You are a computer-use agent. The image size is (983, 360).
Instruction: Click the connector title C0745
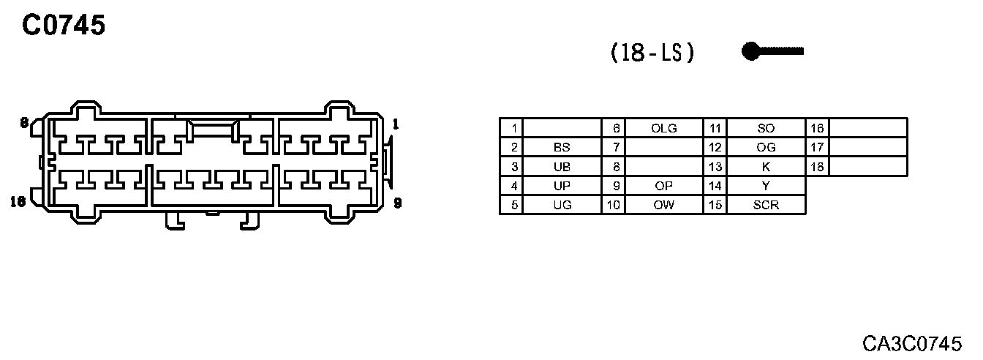64,26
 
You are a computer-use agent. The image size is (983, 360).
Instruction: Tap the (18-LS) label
652,53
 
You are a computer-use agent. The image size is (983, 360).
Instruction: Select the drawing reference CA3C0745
921,343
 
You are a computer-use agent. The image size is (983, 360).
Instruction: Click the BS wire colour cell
562,147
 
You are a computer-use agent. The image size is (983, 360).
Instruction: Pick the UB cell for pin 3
562,167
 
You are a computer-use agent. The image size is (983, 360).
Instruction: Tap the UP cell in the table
562,186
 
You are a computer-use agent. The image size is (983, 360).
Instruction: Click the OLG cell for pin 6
663,128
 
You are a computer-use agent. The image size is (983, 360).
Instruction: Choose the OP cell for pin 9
663,186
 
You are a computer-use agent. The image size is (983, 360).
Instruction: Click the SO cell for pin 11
766,128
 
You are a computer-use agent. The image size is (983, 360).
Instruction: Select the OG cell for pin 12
766,147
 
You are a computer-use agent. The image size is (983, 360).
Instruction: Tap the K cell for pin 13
766,167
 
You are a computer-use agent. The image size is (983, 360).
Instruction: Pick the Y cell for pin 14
766,186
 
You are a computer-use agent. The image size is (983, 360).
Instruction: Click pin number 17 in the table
817,147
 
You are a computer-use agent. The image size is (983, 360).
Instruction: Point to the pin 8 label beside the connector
24,123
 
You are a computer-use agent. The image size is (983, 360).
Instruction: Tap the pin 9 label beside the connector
397,203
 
